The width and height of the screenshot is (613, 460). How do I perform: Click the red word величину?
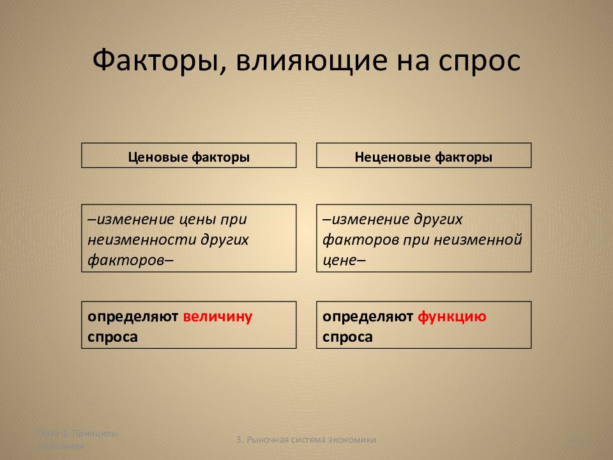click(x=218, y=316)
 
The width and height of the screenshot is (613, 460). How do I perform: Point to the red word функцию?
click(x=452, y=316)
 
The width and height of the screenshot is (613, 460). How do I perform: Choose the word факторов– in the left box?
click(x=131, y=260)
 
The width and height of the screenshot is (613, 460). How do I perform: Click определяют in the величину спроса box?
click(x=133, y=316)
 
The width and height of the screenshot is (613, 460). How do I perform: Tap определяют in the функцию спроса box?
click(x=367, y=316)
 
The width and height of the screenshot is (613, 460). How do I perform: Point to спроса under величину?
click(x=113, y=337)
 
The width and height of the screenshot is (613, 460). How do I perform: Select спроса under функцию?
click(x=347, y=337)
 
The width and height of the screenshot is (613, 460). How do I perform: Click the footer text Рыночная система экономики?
click(x=311, y=440)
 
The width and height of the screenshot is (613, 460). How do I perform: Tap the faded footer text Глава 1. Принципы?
click(x=77, y=433)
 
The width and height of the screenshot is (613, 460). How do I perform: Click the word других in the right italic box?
click(x=440, y=219)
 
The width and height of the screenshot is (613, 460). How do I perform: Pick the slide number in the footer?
click(x=573, y=440)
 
